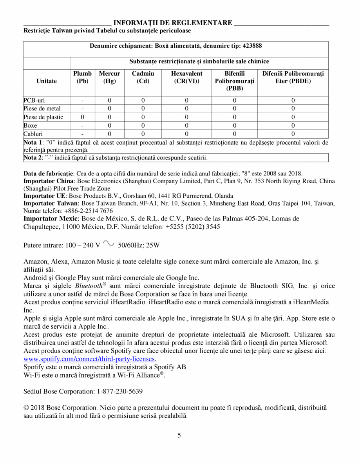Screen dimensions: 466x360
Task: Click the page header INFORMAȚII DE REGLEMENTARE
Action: [173, 23]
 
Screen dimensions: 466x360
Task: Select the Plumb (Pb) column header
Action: [82, 77]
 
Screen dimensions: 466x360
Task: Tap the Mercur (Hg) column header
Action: [109, 77]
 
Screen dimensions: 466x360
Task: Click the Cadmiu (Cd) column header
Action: [143, 77]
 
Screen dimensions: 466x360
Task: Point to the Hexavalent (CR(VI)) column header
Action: [187, 77]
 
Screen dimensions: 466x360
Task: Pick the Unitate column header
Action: [47, 81]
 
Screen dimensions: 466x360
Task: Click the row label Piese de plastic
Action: [43, 117]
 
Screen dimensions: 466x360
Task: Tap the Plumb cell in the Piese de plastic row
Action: [82, 117]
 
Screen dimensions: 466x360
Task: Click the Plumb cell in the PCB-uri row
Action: [82, 100]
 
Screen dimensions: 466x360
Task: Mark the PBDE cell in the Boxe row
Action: [293, 126]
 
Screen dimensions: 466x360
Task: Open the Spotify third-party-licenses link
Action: [89, 359]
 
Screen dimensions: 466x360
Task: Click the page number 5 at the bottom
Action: [179, 435]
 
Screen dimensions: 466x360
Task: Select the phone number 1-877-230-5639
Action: [119, 391]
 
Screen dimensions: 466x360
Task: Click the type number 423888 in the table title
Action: [252, 46]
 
